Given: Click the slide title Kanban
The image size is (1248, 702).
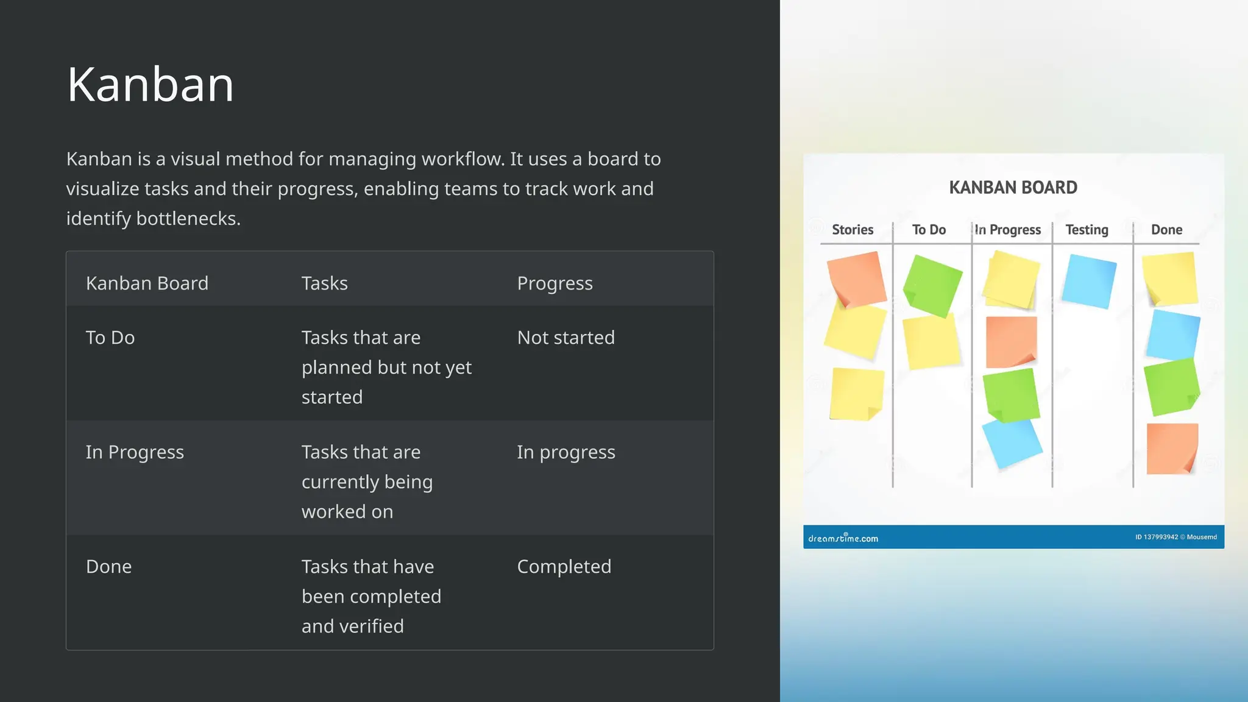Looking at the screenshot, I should pos(150,85).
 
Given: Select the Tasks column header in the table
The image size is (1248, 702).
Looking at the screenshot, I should pos(324,283).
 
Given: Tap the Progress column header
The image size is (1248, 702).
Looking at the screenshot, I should pos(555,283).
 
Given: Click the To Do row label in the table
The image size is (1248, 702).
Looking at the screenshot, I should pos(110,338).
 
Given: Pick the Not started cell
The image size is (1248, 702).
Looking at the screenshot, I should pos(565,338).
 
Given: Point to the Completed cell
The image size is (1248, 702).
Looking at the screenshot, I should pos(564,567).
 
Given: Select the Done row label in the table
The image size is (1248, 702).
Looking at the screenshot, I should pos(108,567).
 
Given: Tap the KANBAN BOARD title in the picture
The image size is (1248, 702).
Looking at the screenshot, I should pos(1013,188).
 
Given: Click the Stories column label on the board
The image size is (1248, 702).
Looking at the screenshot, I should pos(853,230).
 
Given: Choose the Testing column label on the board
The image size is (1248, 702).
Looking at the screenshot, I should pos(1087,230).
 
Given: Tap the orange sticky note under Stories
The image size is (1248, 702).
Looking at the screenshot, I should pos(856,278).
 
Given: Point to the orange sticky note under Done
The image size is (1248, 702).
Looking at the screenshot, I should pos(1171,448).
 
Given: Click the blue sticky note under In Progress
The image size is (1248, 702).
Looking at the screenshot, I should pos(1012,443).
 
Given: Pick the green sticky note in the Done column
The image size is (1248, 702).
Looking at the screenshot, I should pos(1171,386).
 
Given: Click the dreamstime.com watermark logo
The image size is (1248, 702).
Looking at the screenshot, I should pos(843,538).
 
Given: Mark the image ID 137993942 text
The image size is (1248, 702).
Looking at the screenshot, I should pos(1156,537).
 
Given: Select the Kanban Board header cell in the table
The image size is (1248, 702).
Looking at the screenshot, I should pos(147,283).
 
